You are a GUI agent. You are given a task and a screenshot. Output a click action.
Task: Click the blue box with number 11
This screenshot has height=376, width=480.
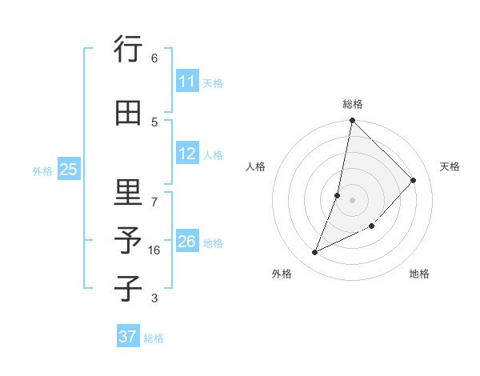point(187,82)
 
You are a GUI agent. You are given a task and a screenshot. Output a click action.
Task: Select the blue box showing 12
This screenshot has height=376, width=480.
point(187,154)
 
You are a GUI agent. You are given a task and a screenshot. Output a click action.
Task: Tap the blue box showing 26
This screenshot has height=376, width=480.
point(187,242)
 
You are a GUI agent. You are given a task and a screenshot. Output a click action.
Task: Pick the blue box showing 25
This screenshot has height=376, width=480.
point(68,169)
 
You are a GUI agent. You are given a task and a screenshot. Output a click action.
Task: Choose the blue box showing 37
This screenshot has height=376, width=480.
point(128,337)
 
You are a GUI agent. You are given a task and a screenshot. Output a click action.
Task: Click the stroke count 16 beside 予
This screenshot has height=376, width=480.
point(154,250)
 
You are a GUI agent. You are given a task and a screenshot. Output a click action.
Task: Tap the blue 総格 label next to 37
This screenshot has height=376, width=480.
point(154,338)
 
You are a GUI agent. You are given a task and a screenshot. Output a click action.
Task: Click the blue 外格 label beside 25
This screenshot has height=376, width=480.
point(42,170)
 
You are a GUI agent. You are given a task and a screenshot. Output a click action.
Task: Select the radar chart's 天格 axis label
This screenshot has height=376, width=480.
point(450,166)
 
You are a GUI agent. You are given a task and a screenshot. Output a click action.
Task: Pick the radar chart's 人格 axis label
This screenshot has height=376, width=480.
point(255,166)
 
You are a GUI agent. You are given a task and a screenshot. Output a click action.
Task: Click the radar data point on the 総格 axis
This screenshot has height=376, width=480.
point(352,120)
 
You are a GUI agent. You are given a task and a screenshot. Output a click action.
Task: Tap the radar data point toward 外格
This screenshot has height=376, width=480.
point(314,253)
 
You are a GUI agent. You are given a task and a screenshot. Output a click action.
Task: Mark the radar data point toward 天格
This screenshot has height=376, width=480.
point(413,180)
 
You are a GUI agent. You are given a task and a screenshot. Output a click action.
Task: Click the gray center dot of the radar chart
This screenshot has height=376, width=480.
point(352,200)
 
